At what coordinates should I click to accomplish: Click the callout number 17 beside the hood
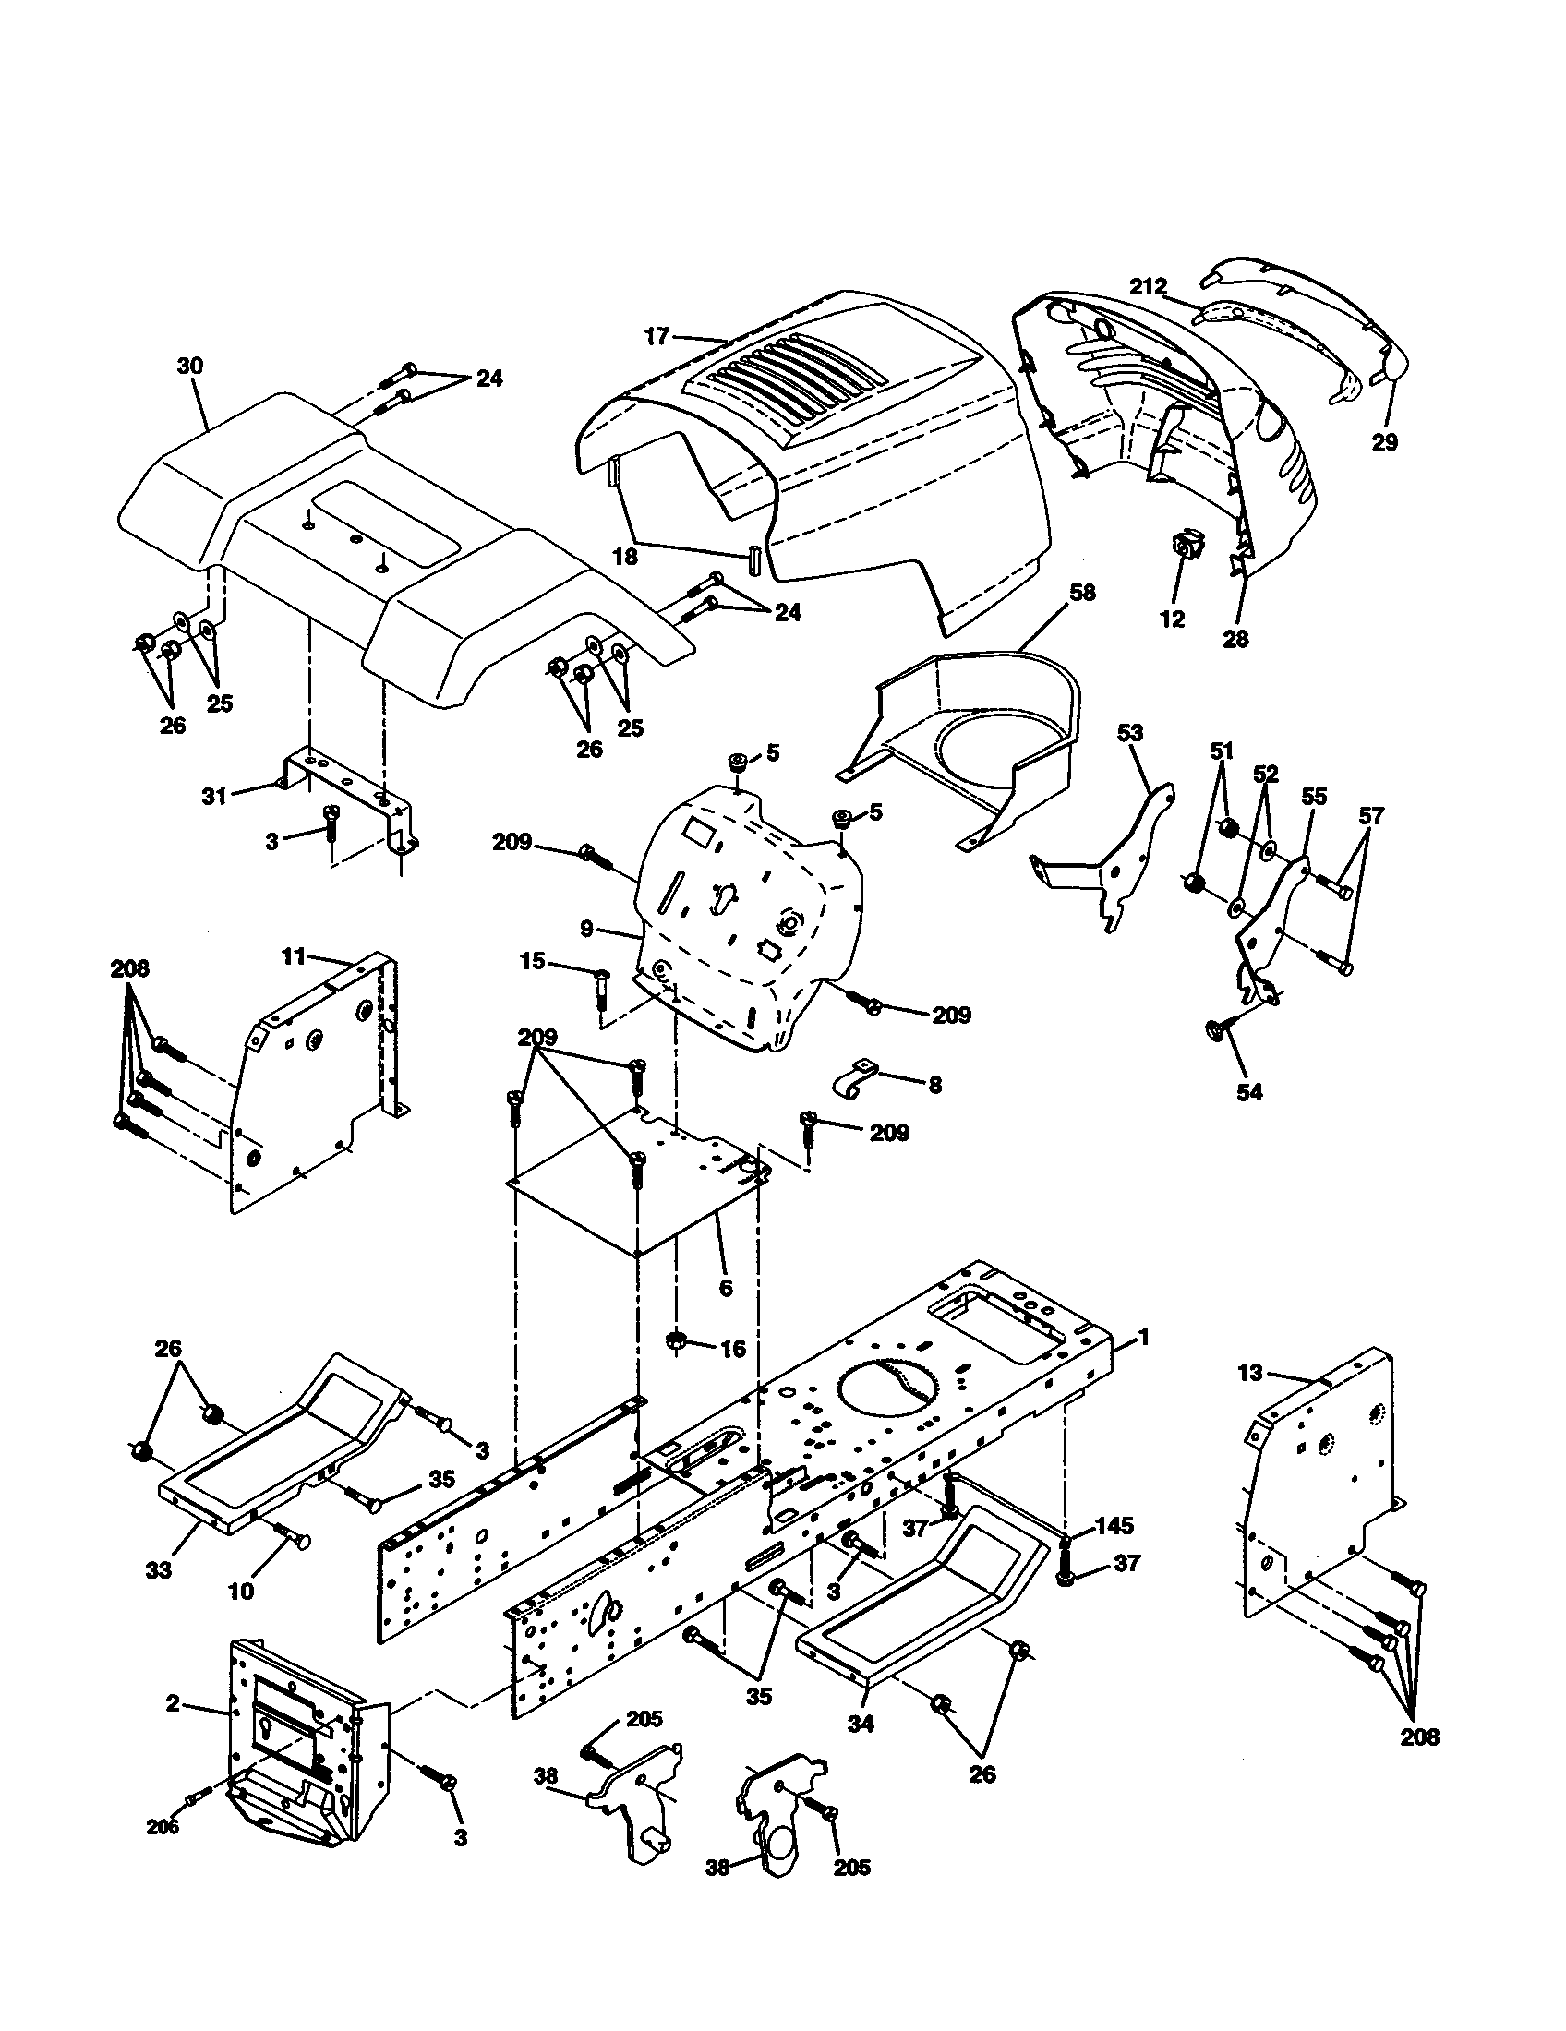[657, 336]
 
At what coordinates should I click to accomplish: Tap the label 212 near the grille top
[1148, 286]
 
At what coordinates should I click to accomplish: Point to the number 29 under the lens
[1385, 442]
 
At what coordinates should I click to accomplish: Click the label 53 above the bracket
[1129, 734]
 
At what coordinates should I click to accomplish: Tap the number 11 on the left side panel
[294, 956]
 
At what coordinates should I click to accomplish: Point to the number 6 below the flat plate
[726, 1288]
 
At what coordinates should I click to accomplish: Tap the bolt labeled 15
[600, 976]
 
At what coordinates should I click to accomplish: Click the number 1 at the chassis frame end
[1144, 1337]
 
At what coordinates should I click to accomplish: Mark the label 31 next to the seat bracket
[215, 796]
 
